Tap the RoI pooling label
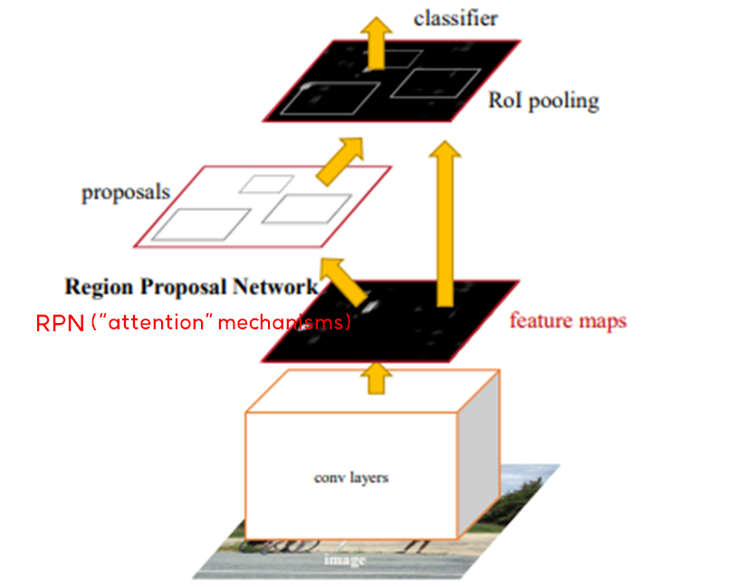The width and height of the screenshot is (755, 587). pyautogui.click(x=543, y=99)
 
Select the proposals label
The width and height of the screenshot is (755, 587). pyautogui.click(x=125, y=193)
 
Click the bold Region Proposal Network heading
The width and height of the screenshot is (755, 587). pyautogui.click(x=191, y=287)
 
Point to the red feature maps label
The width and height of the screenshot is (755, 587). pyautogui.click(x=568, y=320)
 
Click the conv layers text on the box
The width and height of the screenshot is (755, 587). pyautogui.click(x=350, y=477)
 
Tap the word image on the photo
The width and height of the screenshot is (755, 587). pyautogui.click(x=345, y=561)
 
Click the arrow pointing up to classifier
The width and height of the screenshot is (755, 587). pyautogui.click(x=373, y=38)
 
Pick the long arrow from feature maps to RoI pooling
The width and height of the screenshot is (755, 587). pyautogui.click(x=444, y=222)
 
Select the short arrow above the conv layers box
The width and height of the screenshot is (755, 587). pyautogui.click(x=373, y=378)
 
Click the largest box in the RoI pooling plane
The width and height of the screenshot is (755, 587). pyautogui.click(x=318, y=98)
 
